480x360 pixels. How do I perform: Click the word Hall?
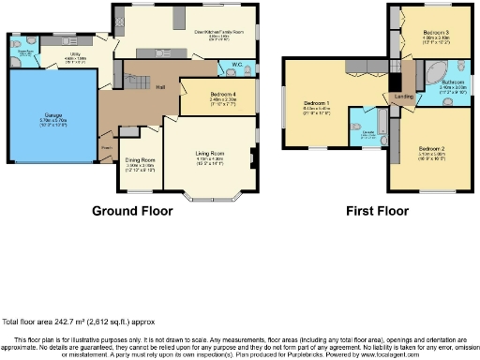(x=160, y=87)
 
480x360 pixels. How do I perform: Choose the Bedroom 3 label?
(x=437, y=32)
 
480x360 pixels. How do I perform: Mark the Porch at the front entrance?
(x=107, y=147)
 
